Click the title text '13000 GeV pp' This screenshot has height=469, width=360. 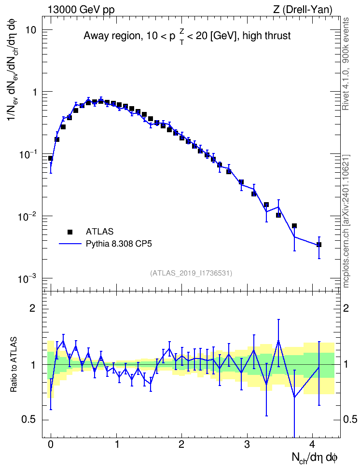[x=81, y=10]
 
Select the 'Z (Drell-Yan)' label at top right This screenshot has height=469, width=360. [x=303, y=10]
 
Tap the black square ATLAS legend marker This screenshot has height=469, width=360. [x=70, y=232]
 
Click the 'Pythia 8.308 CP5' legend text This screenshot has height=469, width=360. [x=119, y=244]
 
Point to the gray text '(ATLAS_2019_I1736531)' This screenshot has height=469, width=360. [x=191, y=273]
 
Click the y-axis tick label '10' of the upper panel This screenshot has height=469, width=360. [x=30, y=30]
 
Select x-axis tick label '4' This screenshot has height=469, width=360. [x=312, y=444]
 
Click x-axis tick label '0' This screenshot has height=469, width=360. [x=51, y=444]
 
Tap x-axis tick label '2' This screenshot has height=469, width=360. [x=181, y=444]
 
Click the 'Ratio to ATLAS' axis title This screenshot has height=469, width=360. [x=14, y=365]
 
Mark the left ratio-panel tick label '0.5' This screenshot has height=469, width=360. [x=29, y=420]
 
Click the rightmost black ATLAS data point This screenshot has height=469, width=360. [x=319, y=245]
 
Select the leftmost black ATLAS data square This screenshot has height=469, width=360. [x=51, y=158]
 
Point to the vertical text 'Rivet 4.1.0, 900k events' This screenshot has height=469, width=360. [x=346, y=64]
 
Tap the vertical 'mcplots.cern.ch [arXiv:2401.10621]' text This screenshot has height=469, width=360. [x=346, y=221]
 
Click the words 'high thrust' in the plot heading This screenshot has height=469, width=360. [x=267, y=36]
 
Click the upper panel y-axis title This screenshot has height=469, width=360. [x=14, y=69]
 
